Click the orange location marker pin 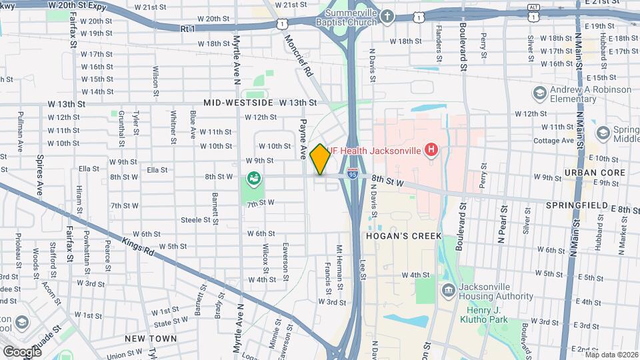click(320, 159)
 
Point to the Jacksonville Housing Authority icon click(448, 289)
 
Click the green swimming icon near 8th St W click(253, 178)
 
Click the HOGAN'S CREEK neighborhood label click(393, 235)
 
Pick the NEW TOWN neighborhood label click(151, 339)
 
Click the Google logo click(21, 351)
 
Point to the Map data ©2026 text click(611, 354)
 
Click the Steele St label click(195, 219)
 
